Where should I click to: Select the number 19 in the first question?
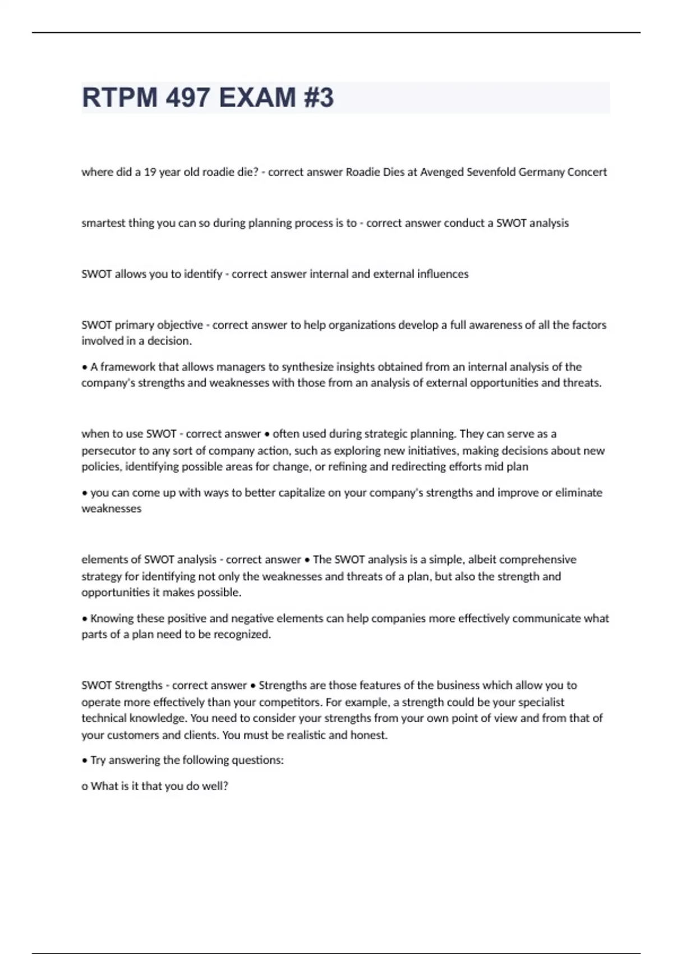150,172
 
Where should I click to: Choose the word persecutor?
108,451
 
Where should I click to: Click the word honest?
368,735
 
